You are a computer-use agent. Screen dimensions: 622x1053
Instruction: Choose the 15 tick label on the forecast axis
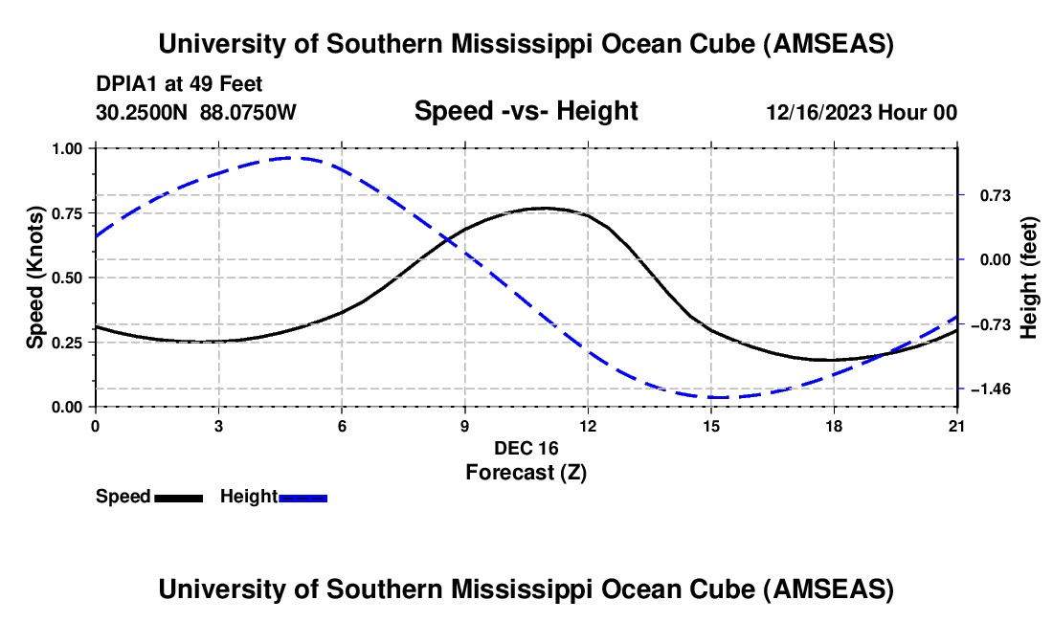pos(711,426)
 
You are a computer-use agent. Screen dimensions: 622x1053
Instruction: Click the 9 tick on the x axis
pos(465,426)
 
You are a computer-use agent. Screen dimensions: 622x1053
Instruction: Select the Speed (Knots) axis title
pos(35,277)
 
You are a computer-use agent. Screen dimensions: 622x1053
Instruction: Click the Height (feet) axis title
pos(1029,278)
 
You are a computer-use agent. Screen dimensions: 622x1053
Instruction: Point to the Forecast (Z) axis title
pos(526,472)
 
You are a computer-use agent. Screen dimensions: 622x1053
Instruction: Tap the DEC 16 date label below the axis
pos(526,448)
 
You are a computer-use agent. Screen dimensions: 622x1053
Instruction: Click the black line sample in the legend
pos(178,497)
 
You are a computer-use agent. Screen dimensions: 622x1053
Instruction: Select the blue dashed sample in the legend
pos(303,497)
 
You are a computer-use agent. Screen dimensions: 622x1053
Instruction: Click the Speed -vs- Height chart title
pos(526,111)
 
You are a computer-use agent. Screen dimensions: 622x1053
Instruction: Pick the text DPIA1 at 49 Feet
pos(179,84)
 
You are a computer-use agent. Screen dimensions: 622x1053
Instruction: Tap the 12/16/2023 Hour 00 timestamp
pos(861,112)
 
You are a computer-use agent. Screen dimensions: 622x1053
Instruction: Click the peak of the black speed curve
pos(545,208)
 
